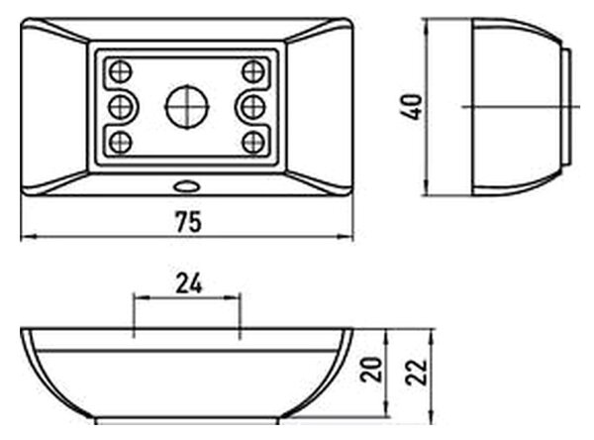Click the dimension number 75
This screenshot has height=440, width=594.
[x=188, y=222]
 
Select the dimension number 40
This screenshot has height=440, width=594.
[x=411, y=107]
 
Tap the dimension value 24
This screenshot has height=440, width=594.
[x=189, y=283]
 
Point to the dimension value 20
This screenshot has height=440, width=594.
[x=371, y=369]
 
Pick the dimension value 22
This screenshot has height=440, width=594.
[x=416, y=372]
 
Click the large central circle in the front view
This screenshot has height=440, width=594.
[x=187, y=107]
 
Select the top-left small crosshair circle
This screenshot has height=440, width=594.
[x=121, y=71]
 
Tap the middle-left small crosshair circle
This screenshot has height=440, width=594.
[x=121, y=107]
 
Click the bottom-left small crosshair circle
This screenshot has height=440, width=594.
[x=121, y=143]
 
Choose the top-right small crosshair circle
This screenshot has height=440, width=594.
[x=253, y=71]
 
